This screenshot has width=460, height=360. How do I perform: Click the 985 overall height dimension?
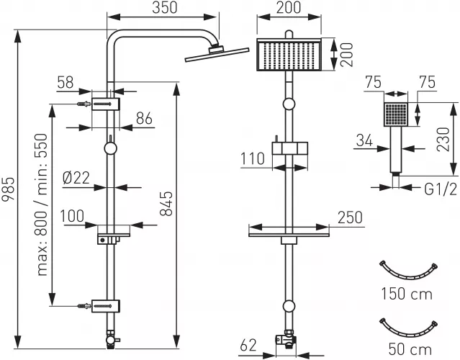[8, 189]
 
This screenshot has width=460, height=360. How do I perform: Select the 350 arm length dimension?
[165, 8]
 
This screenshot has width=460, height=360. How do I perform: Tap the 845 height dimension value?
[168, 204]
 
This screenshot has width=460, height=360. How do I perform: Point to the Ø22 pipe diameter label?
[76, 178]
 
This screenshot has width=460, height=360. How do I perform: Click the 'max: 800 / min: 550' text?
[42, 204]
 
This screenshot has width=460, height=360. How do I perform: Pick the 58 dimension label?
[65, 83]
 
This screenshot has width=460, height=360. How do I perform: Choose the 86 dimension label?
[144, 119]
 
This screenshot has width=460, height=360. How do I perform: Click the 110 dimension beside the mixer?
[253, 158]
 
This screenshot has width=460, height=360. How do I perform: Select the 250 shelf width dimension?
[350, 217]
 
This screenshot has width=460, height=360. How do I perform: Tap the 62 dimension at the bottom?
[248, 346]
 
